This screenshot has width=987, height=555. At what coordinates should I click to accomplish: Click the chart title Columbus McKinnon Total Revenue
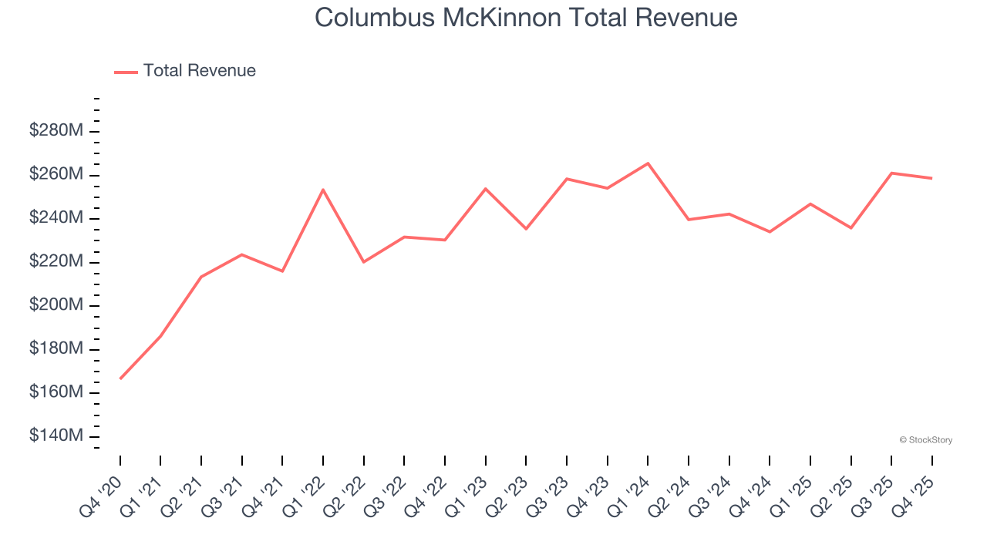(x=526, y=18)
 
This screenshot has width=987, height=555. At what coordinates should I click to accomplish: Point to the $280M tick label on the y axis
(x=56, y=131)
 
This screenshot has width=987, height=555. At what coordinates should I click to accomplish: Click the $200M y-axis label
(x=56, y=305)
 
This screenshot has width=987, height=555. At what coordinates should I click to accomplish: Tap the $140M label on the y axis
(x=56, y=436)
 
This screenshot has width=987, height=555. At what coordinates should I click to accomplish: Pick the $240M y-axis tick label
(x=56, y=218)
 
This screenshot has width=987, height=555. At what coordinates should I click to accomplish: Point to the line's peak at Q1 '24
(x=648, y=163)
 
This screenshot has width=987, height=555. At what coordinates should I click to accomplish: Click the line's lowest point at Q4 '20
(x=120, y=378)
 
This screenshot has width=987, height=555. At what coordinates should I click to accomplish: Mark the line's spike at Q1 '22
(x=323, y=190)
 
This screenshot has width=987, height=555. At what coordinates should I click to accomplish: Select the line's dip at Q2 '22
(x=364, y=262)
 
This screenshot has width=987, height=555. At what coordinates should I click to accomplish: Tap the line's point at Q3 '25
(x=891, y=173)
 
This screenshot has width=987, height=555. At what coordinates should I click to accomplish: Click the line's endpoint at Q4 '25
(x=931, y=178)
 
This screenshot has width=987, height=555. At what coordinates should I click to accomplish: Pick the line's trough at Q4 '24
(x=770, y=231)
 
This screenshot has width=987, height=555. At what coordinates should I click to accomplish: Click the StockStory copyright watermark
(x=925, y=440)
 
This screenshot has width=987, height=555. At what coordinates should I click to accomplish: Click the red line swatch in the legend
(x=126, y=72)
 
